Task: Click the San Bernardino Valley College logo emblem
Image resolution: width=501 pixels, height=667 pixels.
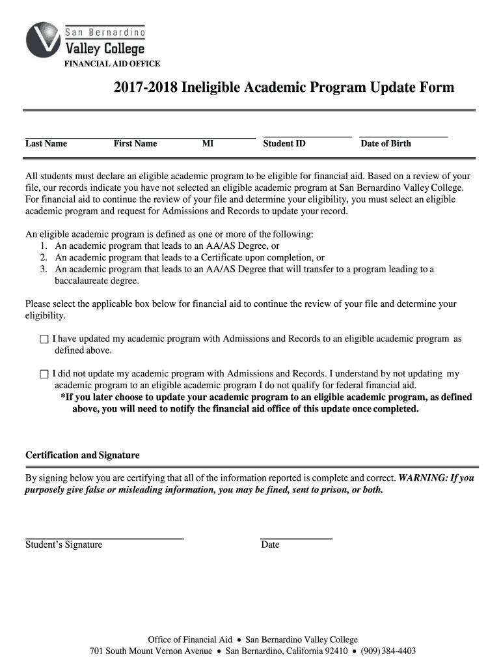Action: [x=43, y=40]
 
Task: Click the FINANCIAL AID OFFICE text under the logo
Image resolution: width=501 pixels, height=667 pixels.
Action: [x=111, y=64]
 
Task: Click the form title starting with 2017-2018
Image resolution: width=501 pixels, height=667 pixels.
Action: [x=284, y=87]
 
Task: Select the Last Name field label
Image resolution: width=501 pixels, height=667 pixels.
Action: [x=46, y=143]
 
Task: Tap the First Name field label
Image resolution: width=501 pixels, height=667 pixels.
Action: [x=135, y=143]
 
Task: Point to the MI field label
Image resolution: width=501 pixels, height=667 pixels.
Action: [x=208, y=143]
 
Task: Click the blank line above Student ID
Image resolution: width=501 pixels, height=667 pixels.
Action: [x=307, y=137]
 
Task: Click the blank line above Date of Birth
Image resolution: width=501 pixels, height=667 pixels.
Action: [x=403, y=137]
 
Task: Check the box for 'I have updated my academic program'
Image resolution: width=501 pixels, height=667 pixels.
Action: [x=44, y=339]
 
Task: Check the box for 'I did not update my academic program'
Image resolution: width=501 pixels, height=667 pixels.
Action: [x=44, y=375]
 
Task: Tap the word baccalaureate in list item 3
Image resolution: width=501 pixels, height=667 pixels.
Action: [x=88, y=281]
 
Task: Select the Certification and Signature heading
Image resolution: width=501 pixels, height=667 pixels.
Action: [x=82, y=455]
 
